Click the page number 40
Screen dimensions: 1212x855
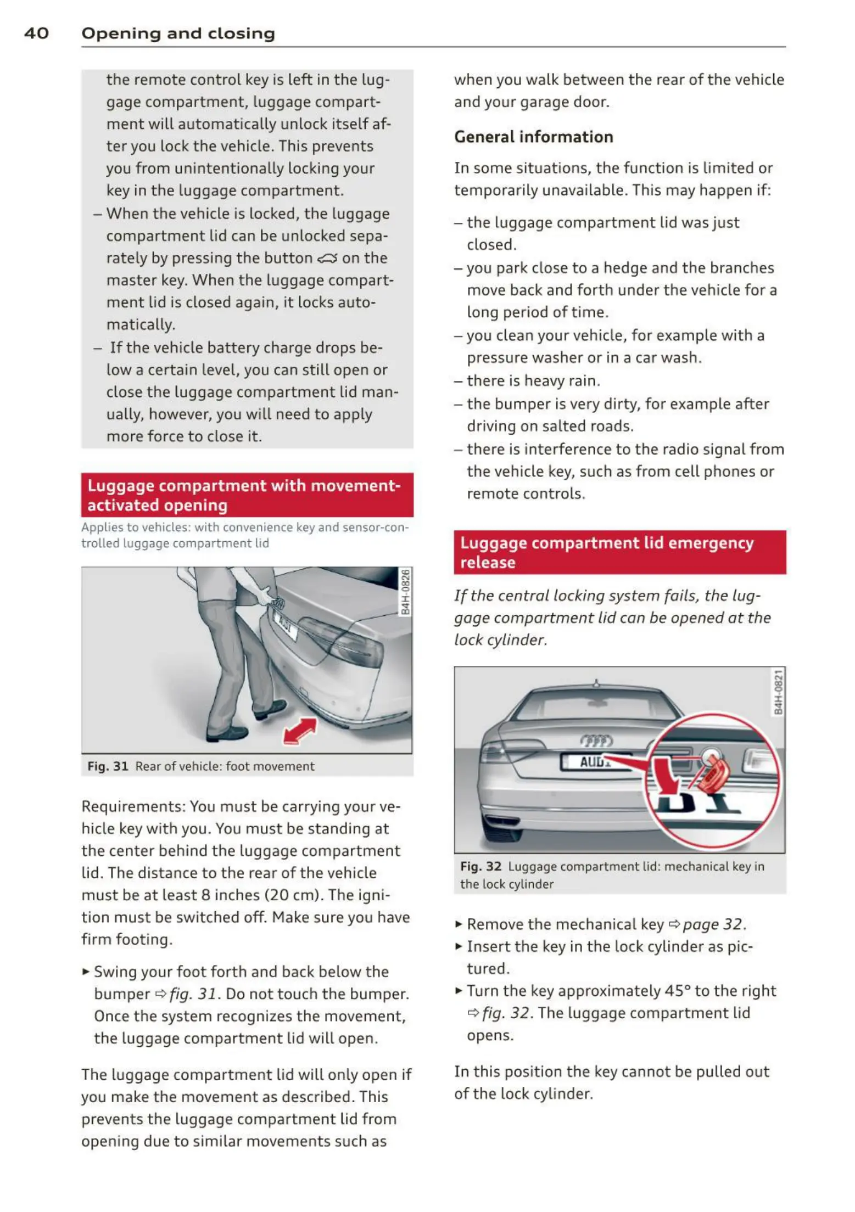(36, 33)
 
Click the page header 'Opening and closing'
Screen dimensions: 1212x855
(178, 33)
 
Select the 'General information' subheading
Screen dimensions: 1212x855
(533, 137)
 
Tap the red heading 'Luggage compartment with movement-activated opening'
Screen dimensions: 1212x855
(247, 495)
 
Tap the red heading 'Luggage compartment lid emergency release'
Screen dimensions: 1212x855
(619, 552)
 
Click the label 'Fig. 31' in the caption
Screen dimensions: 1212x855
(108, 766)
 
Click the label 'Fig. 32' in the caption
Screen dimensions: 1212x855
(480, 866)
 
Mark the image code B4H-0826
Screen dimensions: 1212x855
(405, 592)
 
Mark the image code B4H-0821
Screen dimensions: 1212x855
(778, 692)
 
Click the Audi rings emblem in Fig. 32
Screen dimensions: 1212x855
(596, 741)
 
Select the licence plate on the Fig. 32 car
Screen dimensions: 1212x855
(593, 762)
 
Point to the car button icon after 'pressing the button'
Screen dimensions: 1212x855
(327, 259)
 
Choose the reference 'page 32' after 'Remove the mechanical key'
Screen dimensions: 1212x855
(713, 924)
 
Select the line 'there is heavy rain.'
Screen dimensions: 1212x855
(533, 380)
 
